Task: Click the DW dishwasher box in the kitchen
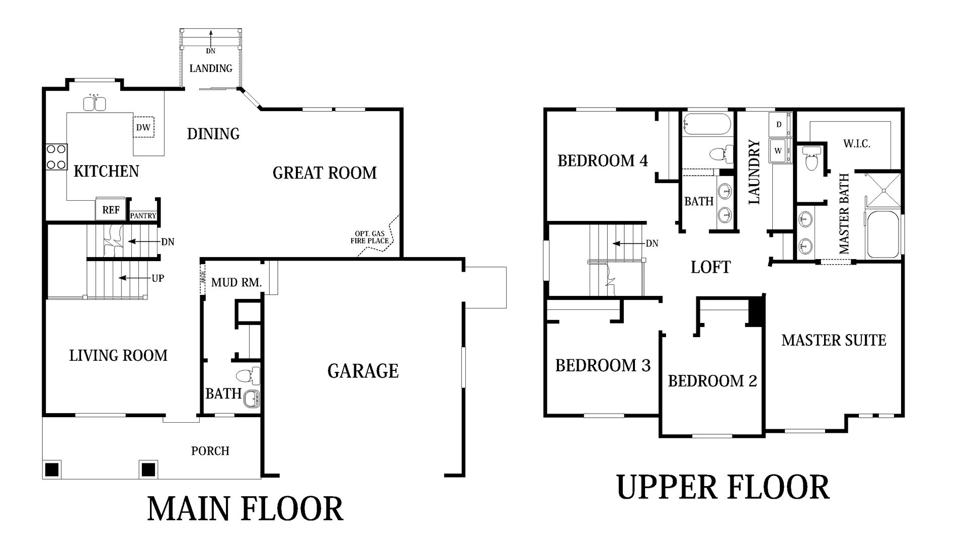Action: pos(143,127)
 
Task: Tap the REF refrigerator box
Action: pos(111,209)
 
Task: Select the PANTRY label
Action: pos(143,216)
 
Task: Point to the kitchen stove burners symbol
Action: pos(56,156)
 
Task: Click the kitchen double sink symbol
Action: pos(94,103)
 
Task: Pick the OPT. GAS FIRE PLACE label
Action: pos(370,237)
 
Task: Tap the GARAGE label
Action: pos(363,371)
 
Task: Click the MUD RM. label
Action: pos(236,283)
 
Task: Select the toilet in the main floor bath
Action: pos(248,375)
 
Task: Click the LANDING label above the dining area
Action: pos(211,68)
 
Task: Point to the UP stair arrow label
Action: pos(157,278)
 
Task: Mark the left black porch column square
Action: pos(52,469)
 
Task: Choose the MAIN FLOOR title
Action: pos(245,509)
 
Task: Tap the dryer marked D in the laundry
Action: pos(779,124)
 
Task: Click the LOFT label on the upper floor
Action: pos(710,267)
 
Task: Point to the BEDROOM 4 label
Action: pos(603,161)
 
